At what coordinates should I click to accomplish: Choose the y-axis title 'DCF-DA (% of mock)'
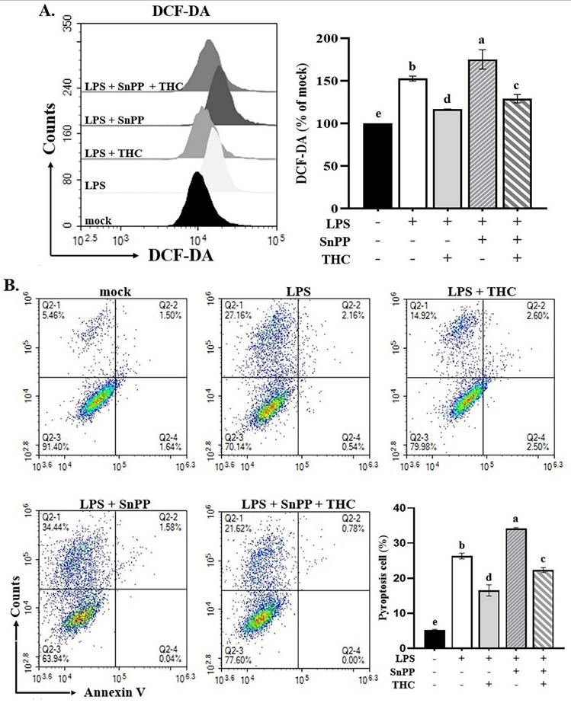310,122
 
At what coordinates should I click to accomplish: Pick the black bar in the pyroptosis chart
435,637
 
